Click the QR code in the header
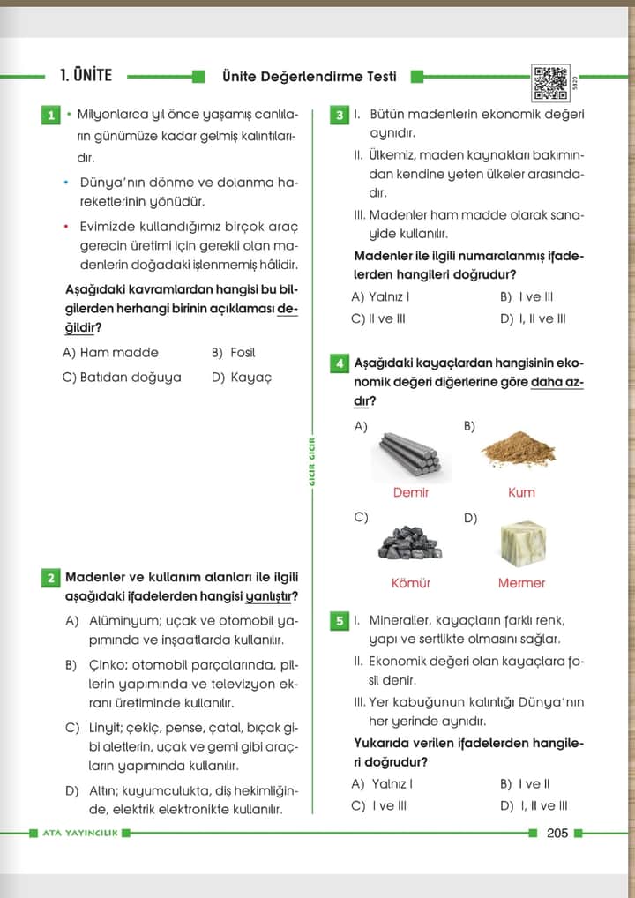pos(551,82)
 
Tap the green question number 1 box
pos(49,116)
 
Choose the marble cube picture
pos(520,543)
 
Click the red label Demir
pos(410,492)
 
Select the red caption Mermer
pos(521,583)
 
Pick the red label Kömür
pos(410,583)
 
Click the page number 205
pos(557,833)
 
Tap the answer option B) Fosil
pos(233,353)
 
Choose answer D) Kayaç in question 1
pos(242,377)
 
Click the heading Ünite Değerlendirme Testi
pos(309,77)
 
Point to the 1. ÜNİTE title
pos(86,76)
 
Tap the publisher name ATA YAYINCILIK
pos(79,833)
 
